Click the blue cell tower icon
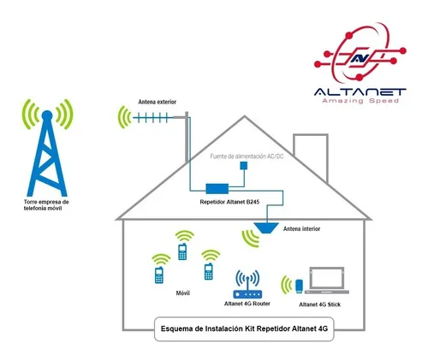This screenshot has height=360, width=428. coord(47,160)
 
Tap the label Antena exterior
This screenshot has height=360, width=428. coord(158,102)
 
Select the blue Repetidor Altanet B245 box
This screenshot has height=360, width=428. coord(217,189)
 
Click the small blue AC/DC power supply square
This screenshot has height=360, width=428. coord(244,166)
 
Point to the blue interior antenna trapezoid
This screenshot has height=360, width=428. coord(266,228)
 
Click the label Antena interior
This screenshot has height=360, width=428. coord(301,228)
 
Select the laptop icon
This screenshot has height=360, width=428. coord(327,280)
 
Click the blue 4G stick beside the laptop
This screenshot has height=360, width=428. coord(299,286)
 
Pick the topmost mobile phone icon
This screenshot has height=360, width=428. coord(182,251)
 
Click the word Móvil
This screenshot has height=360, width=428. coord(183,293)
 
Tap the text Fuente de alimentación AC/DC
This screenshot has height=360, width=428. coord(247,156)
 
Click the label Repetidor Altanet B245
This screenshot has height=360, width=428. coord(229,202)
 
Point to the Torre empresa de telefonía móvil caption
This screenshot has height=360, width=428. coord(46,205)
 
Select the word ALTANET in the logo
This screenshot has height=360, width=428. coord(360,92)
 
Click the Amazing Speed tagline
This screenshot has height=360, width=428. coord(360,101)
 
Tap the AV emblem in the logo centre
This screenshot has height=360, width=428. coord(360,58)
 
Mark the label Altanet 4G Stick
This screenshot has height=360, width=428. coord(319,304)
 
